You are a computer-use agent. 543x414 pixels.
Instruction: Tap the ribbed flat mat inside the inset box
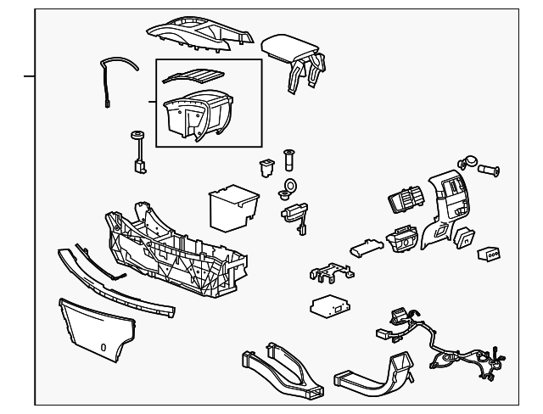click(194, 76)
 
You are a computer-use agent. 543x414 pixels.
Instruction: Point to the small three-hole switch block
click(492, 254)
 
